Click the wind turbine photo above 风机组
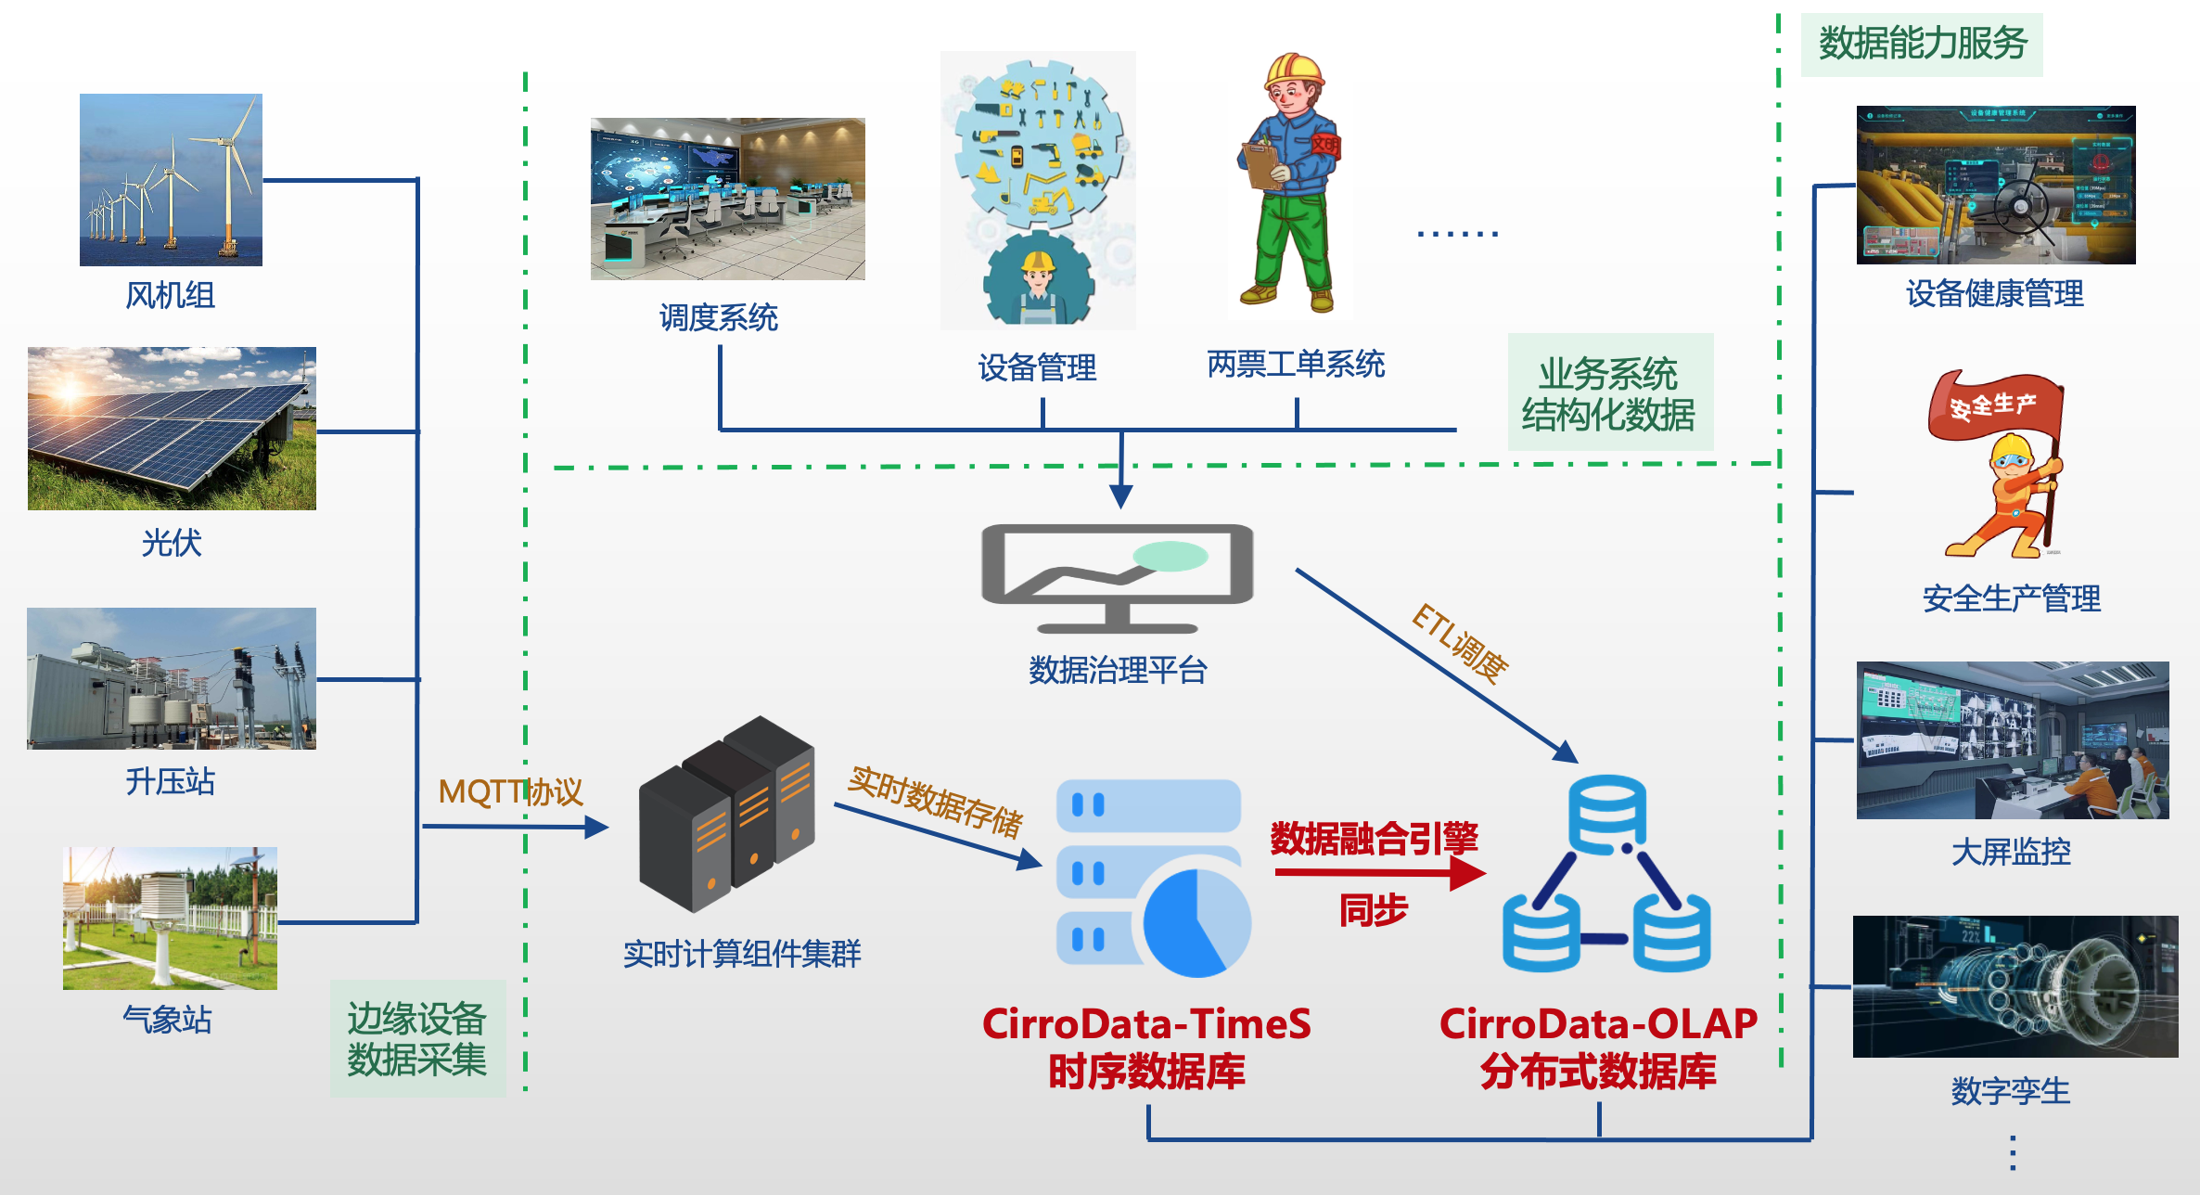tap(171, 179)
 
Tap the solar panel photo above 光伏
tap(172, 428)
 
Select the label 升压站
tap(170, 781)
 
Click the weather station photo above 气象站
tap(170, 918)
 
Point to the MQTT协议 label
tap(510, 791)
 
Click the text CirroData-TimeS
tap(1146, 1024)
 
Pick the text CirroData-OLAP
tap(1598, 1024)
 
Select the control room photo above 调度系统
tap(727, 199)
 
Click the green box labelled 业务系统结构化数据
tap(1609, 392)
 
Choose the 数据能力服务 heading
tap(1922, 44)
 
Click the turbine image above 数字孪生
tap(2015, 986)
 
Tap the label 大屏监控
tap(2011, 851)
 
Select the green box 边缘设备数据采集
tap(417, 1039)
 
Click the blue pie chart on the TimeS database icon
tap(1196, 923)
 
